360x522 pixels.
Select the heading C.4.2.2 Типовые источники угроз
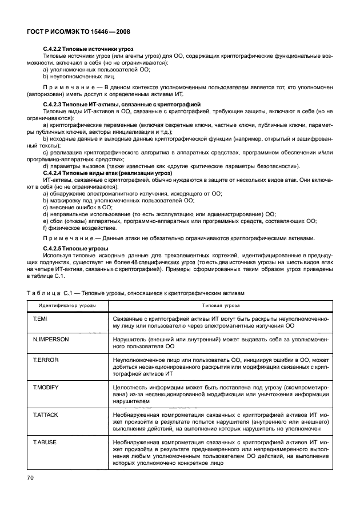(x=92, y=50)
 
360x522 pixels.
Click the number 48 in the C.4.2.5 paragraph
(x=152, y=261)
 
